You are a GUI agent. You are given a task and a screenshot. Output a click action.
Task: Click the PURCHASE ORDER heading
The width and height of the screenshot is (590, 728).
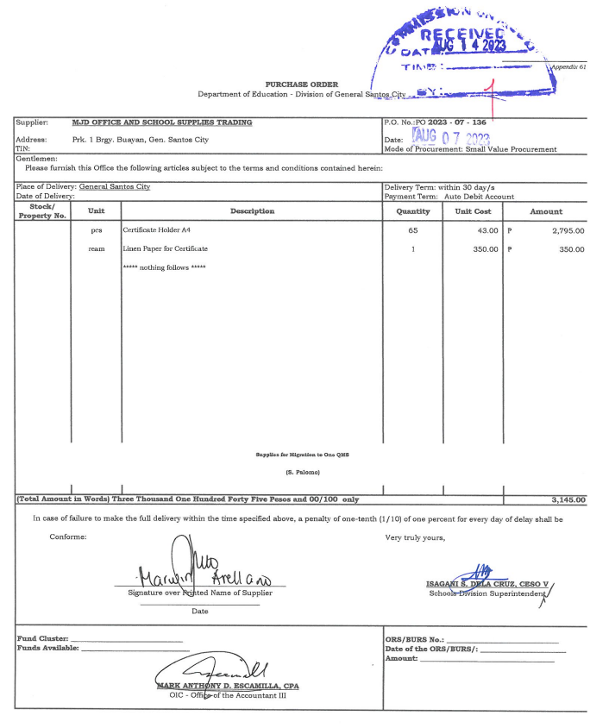click(x=295, y=84)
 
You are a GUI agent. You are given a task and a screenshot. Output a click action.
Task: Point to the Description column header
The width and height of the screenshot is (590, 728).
click(x=252, y=211)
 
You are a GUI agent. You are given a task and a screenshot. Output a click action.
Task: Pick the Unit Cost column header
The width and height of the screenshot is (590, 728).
click(x=473, y=211)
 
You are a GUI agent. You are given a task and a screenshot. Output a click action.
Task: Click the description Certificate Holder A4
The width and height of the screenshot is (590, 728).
click(x=160, y=230)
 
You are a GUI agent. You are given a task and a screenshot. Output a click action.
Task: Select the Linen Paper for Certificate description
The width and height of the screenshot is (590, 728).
click(x=166, y=248)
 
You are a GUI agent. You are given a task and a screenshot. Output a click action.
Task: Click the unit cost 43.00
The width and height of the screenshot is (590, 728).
click(x=487, y=230)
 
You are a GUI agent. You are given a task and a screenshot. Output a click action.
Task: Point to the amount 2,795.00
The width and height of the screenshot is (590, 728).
click(x=568, y=230)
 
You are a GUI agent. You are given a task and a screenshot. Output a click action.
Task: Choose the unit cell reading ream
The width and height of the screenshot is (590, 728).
click(x=97, y=248)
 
